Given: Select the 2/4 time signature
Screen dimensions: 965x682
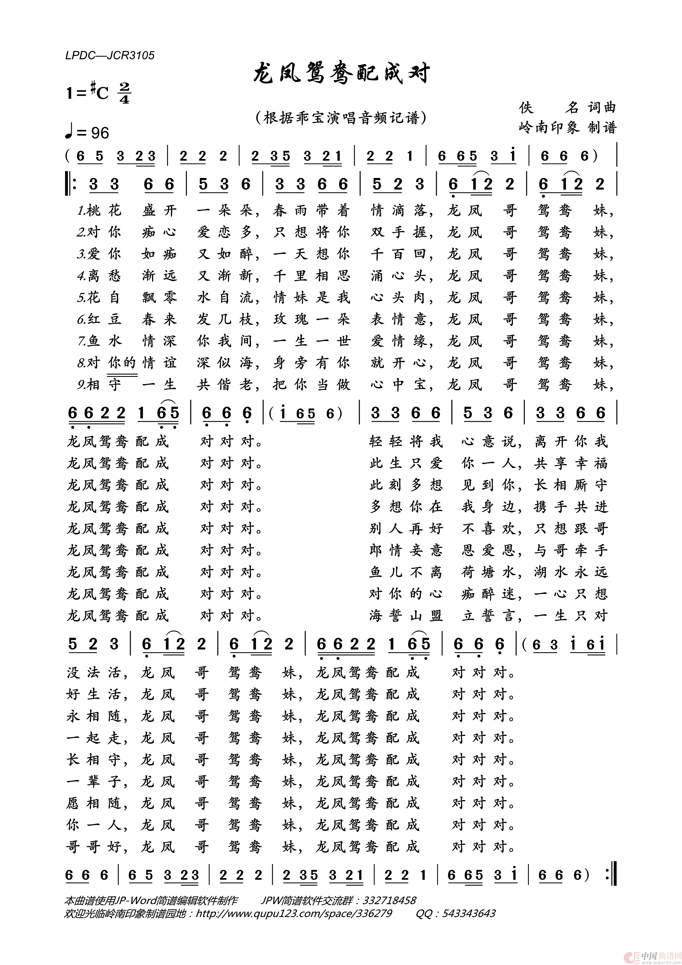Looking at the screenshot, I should [124, 93].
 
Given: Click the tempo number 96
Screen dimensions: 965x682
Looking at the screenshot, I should [100, 133].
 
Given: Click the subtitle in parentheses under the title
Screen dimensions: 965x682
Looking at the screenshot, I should [341, 118].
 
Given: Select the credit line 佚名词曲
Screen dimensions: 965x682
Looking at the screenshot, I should [567, 108].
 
